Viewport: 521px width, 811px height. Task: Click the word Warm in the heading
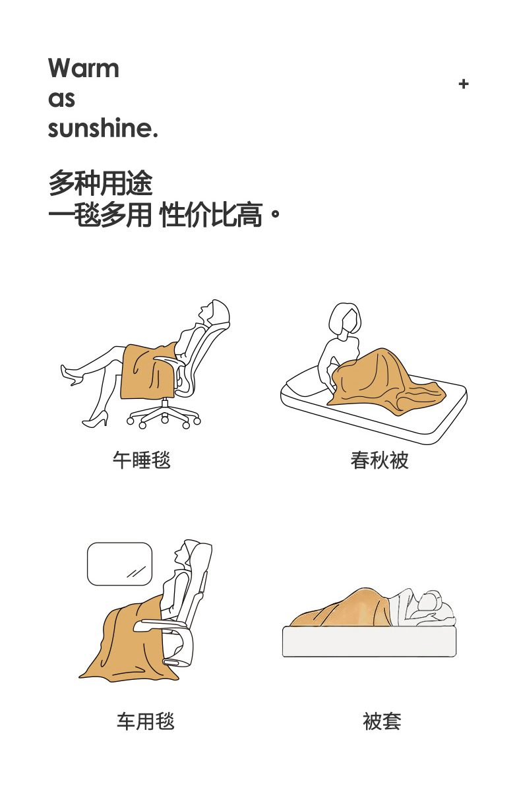pyautogui.click(x=83, y=68)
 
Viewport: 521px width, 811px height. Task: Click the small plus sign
pyautogui.click(x=464, y=84)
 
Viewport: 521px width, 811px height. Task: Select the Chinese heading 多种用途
pyautogui.click(x=101, y=183)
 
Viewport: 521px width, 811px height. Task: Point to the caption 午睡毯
pyautogui.click(x=141, y=460)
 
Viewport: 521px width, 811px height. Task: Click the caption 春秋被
pyautogui.click(x=379, y=460)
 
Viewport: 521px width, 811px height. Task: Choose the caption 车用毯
pyautogui.click(x=145, y=721)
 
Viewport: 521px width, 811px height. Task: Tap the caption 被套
pyautogui.click(x=382, y=721)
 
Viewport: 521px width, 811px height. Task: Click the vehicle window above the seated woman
pyautogui.click(x=120, y=564)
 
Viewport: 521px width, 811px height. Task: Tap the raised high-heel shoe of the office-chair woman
pyautogui.click(x=71, y=375)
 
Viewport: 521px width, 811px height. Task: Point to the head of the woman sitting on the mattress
pyautogui.click(x=345, y=320)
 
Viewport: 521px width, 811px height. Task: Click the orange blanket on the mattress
pyautogui.click(x=384, y=382)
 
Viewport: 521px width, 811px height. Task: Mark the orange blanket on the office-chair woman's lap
pyautogui.click(x=146, y=371)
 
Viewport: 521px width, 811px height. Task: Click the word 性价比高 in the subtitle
pyautogui.click(x=211, y=215)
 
